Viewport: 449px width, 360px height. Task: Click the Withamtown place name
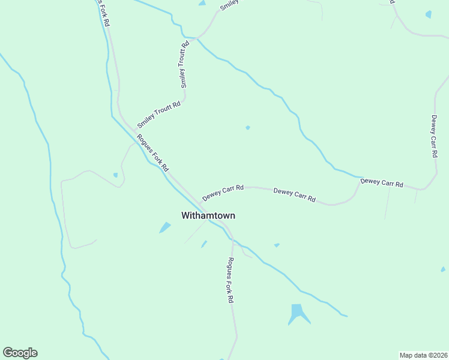point(208,215)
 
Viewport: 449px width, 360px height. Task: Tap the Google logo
point(20,353)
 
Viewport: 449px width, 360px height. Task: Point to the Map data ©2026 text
point(423,355)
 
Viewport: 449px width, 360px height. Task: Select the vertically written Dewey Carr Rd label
point(433,136)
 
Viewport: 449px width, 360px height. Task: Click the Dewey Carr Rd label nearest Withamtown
point(223,193)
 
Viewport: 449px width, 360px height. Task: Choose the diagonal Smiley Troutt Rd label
point(159,115)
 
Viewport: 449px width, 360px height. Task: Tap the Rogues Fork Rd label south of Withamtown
point(230,280)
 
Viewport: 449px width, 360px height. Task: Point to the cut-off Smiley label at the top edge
point(229,5)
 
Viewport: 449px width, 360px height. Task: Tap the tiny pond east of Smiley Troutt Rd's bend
point(247,127)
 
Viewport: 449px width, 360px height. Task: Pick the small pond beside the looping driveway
point(115,175)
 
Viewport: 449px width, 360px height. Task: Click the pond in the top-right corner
point(428,14)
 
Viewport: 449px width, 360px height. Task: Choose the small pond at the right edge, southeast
point(443,269)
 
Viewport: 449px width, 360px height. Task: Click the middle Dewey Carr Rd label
point(294,194)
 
